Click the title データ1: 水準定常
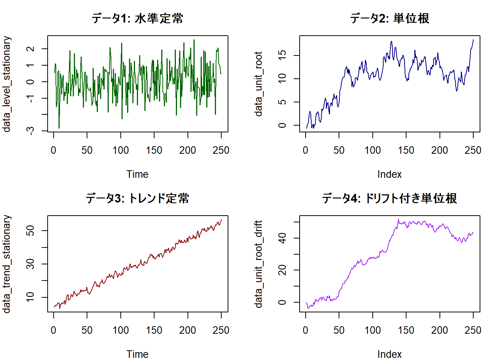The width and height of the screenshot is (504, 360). tap(138, 18)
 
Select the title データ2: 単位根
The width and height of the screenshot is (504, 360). tap(390, 18)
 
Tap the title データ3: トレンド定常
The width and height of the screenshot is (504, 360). tap(138, 198)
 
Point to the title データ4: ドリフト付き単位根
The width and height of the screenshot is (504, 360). tap(390, 198)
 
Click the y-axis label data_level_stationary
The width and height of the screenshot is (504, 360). tap(7, 84)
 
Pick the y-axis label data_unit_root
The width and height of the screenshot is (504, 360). tap(259, 84)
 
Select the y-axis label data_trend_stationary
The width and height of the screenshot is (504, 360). tap(7, 264)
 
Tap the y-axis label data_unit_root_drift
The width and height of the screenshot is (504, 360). tap(259, 264)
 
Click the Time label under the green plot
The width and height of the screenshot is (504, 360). tap(138, 174)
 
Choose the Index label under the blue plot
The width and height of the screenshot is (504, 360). tap(390, 174)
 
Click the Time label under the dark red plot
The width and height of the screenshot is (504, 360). tap(138, 354)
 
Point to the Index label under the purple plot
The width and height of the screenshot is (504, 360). tap(390, 354)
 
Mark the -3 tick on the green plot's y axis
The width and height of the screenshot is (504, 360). tap(31, 130)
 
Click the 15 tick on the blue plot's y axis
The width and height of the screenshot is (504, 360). tap(282, 55)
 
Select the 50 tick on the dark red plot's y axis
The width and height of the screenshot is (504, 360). tap(31, 230)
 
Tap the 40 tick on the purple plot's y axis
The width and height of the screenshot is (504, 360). tap(282, 238)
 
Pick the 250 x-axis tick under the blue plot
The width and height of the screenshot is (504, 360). tap(473, 150)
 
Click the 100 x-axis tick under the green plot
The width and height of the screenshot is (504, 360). tap(121, 150)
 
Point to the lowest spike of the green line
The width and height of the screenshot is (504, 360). tap(59, 128)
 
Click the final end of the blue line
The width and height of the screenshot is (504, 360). tap(473, 40)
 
